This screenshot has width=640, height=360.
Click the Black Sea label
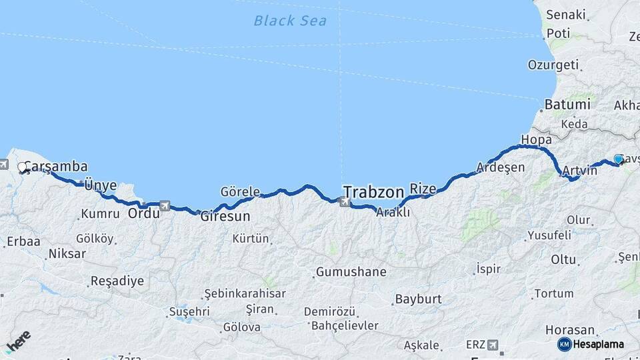click(x=290, y=21)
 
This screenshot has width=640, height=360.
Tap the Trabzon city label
click(x=373, y=192)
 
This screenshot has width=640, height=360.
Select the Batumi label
click(x=567, y=105)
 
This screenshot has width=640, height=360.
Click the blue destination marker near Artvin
click(x=619, y=159)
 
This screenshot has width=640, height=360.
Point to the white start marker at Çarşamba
click(x=23, y=167)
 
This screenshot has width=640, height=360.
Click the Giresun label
click(x=225, y=217)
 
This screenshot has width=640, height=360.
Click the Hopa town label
click(x=537, y=140)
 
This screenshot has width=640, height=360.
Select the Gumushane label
click(x=351, y=272)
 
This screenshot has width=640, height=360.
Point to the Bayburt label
click(x=419, y=299)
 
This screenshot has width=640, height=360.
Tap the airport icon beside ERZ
click(x=493, y=345)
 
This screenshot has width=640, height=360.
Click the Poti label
click(x=558, y=33)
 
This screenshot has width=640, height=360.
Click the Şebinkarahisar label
click(x=245, y=293)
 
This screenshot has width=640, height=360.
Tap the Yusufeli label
click(x=549, y=235)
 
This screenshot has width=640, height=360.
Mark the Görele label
click(x=240, y=192)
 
